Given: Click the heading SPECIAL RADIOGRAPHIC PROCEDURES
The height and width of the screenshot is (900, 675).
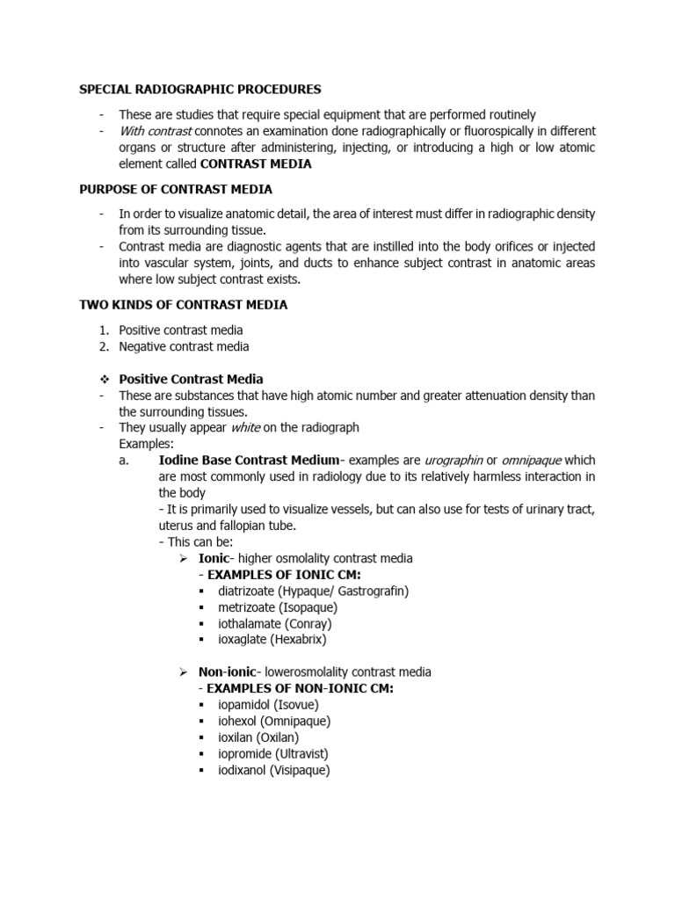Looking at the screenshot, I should [x=200, y=90].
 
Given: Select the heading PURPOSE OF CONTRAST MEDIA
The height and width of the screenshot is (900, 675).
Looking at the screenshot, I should [x=176, y=189].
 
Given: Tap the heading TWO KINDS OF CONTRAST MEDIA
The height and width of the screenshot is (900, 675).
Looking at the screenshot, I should [x=183, y=305].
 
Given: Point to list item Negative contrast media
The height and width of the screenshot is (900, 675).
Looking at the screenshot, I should [x=185, y=346].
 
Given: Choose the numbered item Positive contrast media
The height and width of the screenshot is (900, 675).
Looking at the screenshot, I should [x=181, y=330].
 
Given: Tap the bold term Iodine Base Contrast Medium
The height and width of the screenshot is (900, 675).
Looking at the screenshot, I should [x=248, y=461].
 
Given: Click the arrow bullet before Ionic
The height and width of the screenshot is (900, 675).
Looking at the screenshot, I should [x=184, y=559].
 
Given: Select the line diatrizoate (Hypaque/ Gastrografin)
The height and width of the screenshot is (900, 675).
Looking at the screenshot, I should [x=314, y=591].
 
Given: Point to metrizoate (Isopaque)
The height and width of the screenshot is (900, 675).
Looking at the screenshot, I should [x=278, y=607].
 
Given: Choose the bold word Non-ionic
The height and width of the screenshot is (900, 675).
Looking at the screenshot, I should [x=227, y=672].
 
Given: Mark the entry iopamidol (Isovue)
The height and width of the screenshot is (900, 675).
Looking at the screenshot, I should [x=269, y=705].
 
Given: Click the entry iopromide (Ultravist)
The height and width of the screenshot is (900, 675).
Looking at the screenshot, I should [x=273, y=754].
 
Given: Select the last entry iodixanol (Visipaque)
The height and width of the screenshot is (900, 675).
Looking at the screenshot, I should [x=274, y=771].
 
